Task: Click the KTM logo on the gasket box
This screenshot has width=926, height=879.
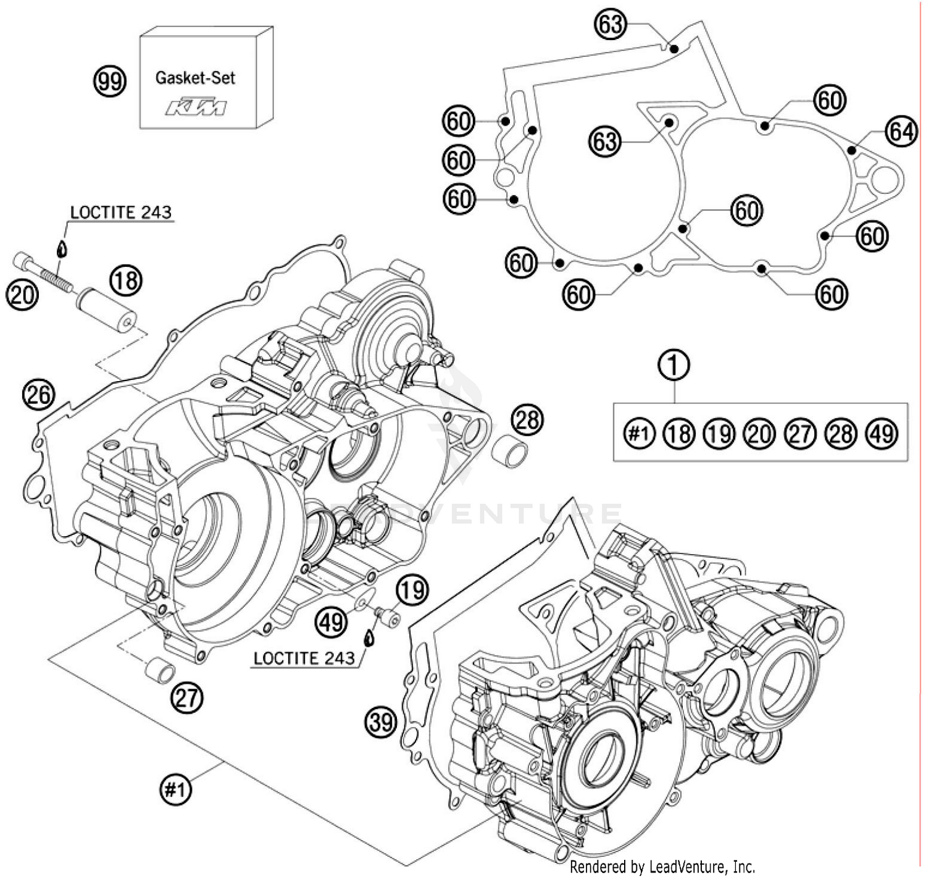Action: [x=195, y=107]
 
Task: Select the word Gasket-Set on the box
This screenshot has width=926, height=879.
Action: [x=195, y=78]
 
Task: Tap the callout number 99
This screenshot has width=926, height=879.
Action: [x=109, y=82]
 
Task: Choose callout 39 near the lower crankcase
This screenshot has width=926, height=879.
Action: [x=381, y=721]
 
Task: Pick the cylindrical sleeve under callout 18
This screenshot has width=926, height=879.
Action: [x=106, y=310]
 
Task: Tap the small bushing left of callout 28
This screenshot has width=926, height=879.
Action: [x=510, y=452]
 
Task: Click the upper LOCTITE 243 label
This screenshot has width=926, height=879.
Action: [x=120, y=212]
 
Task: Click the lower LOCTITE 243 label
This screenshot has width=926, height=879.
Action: [x=304, y=658]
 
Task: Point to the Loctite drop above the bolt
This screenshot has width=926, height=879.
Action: [x=61, y=249]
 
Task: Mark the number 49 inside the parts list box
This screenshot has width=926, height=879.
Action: [x=882, y=434]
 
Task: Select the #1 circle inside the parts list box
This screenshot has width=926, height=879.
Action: [x=638, y=434]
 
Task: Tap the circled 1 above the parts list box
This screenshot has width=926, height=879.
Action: [x=674, y=364]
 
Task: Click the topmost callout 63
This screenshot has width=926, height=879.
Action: [x=610, y=25]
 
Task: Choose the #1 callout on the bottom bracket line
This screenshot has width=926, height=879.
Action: [x=175, y=789]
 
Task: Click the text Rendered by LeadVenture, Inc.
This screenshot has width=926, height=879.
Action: [x=662, y=867]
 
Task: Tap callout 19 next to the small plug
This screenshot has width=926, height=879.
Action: [x=412, y=589]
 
